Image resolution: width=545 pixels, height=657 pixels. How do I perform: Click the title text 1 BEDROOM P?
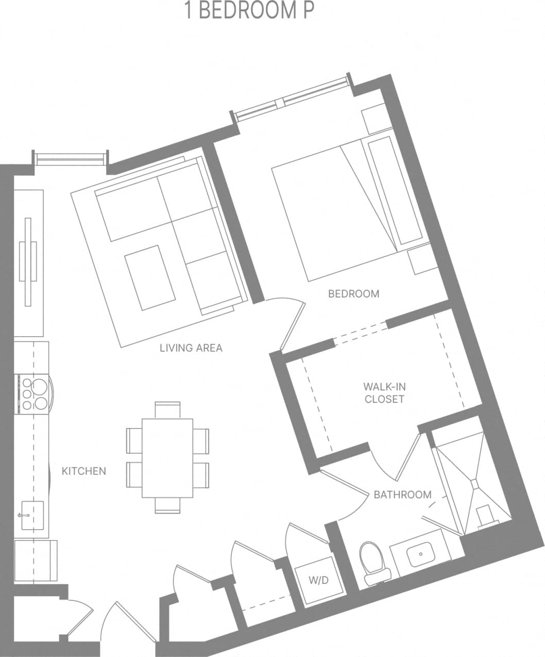pos(249,11)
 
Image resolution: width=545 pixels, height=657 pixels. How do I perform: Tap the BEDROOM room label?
pos(353,294)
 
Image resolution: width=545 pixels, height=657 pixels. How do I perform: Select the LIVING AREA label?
pos(191,348)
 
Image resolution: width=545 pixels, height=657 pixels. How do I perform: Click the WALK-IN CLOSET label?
pos(384,393)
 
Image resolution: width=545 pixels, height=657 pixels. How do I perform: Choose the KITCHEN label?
pos(84,471)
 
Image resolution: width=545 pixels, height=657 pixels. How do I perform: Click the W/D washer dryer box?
pos(318,580)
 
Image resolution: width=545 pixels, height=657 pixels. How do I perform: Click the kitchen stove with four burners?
pos(34,395)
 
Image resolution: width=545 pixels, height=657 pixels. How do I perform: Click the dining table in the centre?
pos(167,457)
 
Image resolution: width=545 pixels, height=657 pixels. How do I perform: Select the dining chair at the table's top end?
pos(167,409)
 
